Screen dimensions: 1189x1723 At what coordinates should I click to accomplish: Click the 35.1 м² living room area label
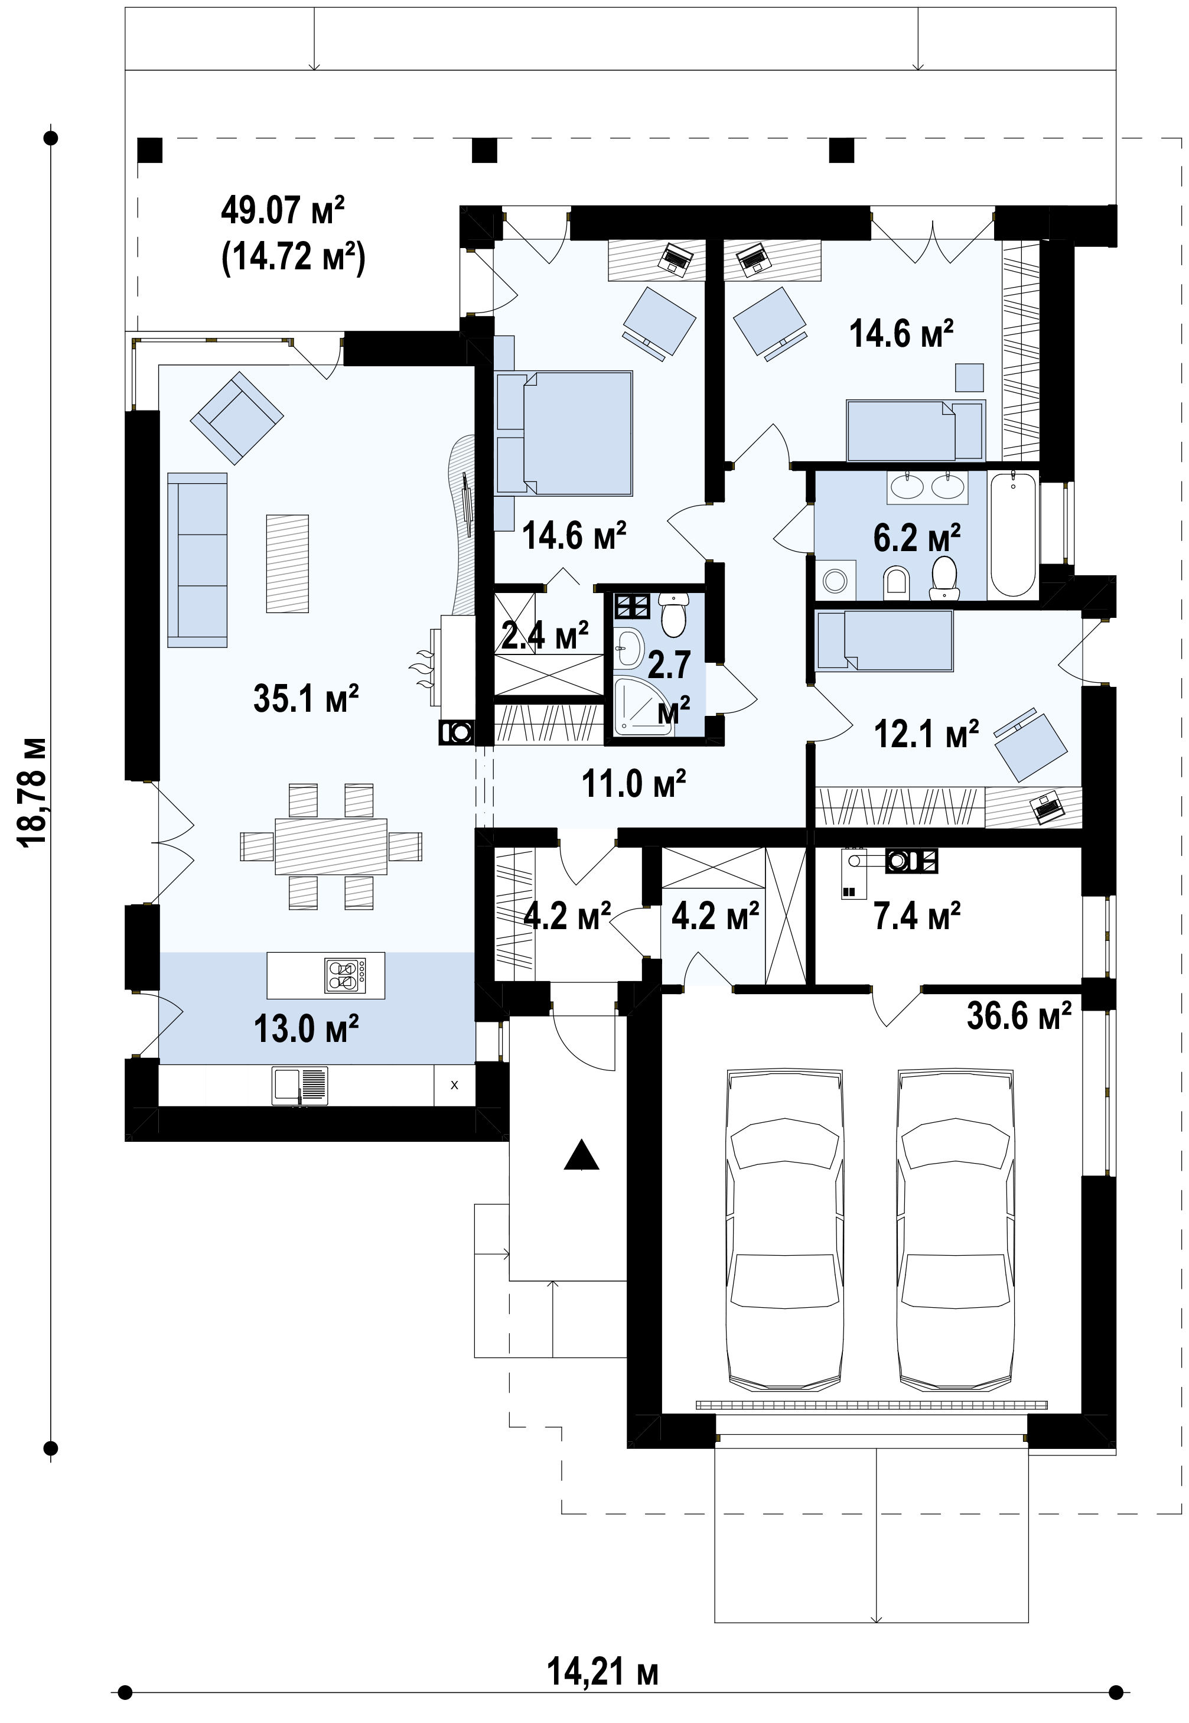[306, 698]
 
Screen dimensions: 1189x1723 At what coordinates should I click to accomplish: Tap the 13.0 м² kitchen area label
[306, 1029]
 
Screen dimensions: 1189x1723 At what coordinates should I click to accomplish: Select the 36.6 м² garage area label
[1019, 1015]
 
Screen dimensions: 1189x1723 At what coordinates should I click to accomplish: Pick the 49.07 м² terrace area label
[283, 210]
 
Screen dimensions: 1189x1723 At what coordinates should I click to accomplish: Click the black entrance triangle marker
[582, 1155]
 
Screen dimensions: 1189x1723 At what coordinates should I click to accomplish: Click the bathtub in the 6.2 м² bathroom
[1013, 533]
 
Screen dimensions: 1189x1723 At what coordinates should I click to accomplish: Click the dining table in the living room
[331, 846]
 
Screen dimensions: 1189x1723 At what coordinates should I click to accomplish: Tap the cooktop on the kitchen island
[345, 975]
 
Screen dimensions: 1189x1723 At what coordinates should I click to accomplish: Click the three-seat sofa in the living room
[197, 559]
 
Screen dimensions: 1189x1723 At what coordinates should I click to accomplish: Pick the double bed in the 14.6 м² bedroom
[564, 434]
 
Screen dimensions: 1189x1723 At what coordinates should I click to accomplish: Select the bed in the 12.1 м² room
[884, 640]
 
